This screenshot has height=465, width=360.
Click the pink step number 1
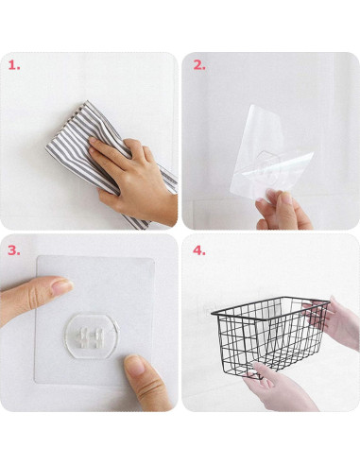click(14, 65)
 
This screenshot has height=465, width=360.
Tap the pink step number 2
click(199, 65)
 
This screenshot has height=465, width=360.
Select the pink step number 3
click(14, 250)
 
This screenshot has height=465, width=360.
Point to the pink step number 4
click(199, 250)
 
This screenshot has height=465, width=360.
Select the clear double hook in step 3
click(91, 337)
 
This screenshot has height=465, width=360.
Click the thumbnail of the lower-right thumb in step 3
click(135, 365)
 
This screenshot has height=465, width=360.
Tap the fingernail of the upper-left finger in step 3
click(61, 286)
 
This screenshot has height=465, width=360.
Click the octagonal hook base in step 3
click(91, 336)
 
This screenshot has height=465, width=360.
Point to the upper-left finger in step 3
click(35, 296)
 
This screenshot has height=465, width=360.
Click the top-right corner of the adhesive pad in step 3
click(154, 258)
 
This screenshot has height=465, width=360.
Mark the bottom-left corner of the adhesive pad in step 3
click(35, 383)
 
